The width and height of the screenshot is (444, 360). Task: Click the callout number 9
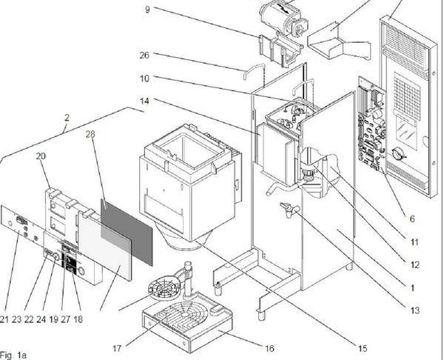click(x=147, y=10)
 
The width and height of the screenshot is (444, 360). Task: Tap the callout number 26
click(x=144, y=55)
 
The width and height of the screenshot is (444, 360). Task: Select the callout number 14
click(x=144, y=101)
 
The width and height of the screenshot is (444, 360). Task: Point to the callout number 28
click(x=90, y=134)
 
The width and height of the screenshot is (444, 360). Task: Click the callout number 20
click(x=41, y=156)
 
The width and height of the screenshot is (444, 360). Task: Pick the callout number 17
click(x=117, y=348)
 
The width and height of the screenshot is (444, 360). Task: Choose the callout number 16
click(x=269, y=348)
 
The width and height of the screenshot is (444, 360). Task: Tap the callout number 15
click(x=363, y=348)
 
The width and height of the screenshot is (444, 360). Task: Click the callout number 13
click(x=415, y=310)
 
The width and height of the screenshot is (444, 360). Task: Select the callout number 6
click(x=412, y=219)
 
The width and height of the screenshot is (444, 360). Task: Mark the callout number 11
click(x=414, y=242)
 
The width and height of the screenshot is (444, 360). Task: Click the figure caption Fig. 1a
click(x=13, y=355)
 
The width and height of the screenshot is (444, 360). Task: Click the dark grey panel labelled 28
click(x=127, y=232)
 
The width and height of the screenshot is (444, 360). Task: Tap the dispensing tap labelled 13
click(x=289, y=209)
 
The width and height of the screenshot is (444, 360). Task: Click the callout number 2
click(x=67, y=117)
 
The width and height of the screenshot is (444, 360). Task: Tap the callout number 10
click(x=144, y=78)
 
